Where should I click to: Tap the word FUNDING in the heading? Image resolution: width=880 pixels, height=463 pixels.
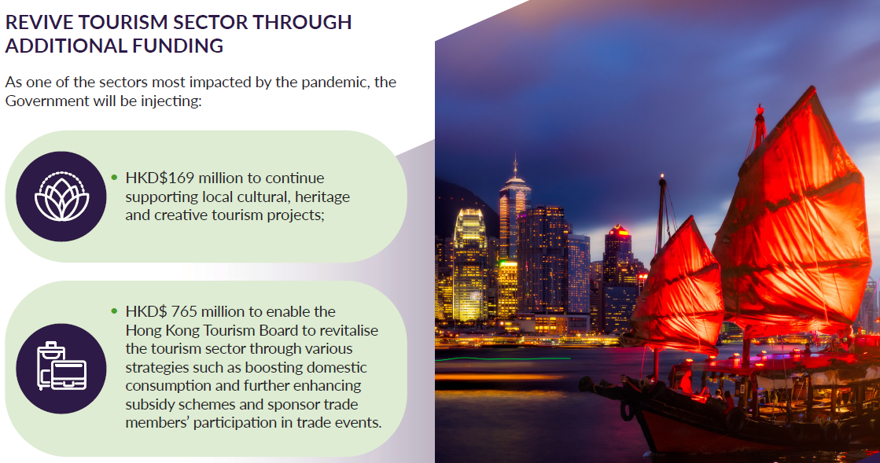tap(182, 46)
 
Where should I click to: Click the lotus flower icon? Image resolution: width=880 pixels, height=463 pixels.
tap(61, 196)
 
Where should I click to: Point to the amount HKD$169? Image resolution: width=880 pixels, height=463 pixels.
tap(160, 178)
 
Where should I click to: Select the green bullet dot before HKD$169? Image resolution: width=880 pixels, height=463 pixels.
tap(114, 178)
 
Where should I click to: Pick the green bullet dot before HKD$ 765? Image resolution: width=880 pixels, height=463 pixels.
tap(114, 311)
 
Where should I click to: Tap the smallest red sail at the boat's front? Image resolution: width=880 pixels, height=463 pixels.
tap(676, 287)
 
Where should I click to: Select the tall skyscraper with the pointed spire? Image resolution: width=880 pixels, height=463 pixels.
tap(514, 228)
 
